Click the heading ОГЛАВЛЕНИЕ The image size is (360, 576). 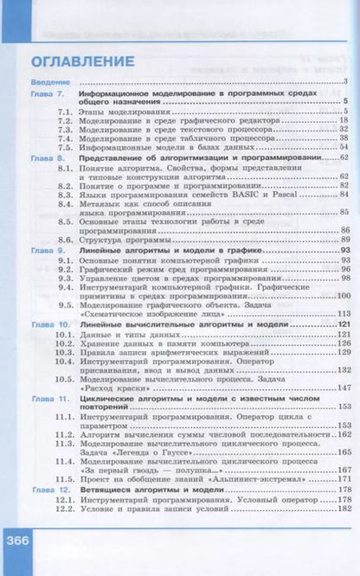pyautogui.click(x=82, y=62)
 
